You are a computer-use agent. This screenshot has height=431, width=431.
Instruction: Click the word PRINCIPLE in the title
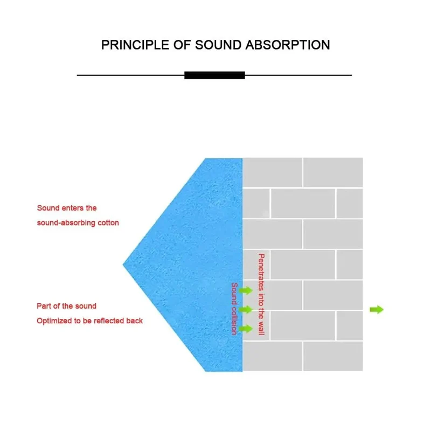coord(135,45)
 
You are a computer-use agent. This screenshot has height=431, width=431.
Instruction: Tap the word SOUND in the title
coord(218,45)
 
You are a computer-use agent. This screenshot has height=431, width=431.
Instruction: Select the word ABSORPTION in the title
coord(288,45)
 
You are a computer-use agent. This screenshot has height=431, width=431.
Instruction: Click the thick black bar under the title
coord(214,75)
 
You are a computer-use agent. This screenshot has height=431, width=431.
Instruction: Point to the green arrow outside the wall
coord(377,309)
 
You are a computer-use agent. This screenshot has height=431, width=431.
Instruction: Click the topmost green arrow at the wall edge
coord(246,290)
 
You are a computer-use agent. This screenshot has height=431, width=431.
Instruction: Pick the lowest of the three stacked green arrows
coord(246,329)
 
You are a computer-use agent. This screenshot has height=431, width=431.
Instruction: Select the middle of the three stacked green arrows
coord(246,309)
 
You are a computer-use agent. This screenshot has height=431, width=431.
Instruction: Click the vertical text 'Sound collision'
coord(234,309)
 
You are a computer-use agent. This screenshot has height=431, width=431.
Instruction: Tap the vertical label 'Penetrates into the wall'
coord(261,294)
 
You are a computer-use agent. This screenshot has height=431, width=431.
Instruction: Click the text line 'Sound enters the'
coord(67,208)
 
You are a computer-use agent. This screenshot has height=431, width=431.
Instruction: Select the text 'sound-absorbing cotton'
coord(78,223)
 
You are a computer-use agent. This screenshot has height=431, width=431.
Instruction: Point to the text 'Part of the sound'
coord(66,306)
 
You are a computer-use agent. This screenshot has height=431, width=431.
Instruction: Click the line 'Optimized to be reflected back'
coord(89,321)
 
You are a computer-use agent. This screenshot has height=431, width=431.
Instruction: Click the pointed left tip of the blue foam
coord(123,265)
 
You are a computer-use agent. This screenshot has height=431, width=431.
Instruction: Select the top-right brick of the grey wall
coord(333,172)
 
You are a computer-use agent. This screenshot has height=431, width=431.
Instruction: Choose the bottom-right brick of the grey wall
coord(333,356)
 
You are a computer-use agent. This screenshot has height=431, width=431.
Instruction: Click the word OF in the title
coord(182,45)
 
